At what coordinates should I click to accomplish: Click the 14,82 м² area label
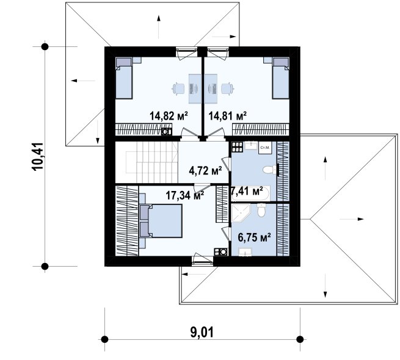[169, 116]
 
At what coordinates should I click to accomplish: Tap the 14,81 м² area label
[228, 116]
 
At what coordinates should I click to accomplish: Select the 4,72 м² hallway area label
[205, 171]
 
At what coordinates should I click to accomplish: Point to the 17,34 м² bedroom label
[185, 195]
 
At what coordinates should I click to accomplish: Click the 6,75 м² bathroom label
[254, 237]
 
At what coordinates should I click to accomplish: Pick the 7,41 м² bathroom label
[247, 191]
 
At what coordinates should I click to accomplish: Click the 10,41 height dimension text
[38, 156]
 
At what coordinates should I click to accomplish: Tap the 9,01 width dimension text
[202, 333]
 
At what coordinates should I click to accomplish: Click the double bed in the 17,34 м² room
[161, 221]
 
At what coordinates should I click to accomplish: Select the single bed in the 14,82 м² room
[124, 78]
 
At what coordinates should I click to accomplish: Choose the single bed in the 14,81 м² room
[281, 78]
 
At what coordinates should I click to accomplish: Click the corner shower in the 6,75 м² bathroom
[241, 214]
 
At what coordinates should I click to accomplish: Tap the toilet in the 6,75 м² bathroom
[261, 210]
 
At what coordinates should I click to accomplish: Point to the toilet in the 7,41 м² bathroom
[270, 170]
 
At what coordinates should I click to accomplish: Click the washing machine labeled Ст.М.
[264, 148]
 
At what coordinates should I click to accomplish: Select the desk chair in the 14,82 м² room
[178, 88]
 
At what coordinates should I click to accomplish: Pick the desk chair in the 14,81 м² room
[227, 88]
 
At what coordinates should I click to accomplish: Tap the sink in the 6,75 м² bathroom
[245, 252]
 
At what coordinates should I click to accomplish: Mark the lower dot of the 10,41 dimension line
[45, 267]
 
